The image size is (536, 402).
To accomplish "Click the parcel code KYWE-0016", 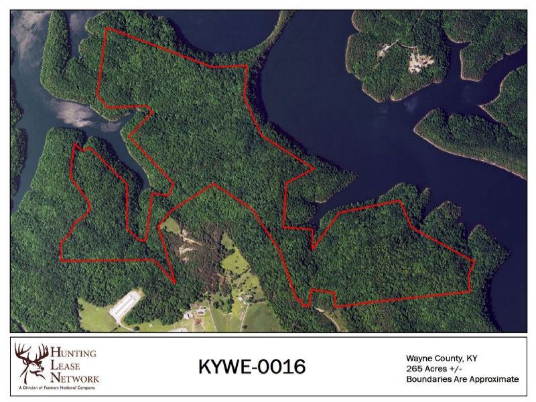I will point(252,367).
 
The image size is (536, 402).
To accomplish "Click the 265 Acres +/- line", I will point(433,368).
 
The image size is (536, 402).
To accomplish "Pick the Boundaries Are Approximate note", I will point(462,379).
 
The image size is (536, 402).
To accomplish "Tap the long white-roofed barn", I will point(126,306).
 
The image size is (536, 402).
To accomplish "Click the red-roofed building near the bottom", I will point(199,323).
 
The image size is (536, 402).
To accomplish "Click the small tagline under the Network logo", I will point(58,388).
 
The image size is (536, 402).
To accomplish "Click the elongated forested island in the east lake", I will point(469,137).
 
